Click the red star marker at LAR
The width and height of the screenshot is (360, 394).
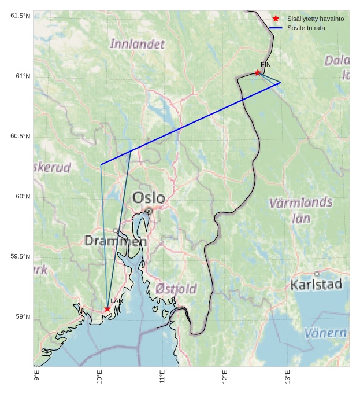point(107,309)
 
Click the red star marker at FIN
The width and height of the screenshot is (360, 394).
point(258,72)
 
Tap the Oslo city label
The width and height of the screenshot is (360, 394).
point(149,198)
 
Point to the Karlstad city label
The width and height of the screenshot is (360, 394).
point(316,285)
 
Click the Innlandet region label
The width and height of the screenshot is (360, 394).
point(137,44)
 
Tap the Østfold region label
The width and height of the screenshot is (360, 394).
point(176,289)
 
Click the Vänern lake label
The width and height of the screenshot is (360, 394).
point(325,333)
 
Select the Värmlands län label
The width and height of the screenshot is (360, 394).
point(300,210)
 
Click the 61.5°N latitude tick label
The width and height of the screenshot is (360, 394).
point(20,16)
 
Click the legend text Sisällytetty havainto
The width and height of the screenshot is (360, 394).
point(316,19)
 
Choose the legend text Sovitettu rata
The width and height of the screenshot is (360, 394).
point(306,28)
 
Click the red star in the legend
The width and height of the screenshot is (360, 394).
point(276,19)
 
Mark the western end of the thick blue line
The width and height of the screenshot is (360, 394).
point(101,165)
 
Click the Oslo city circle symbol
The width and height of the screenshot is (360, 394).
point(149,211)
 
